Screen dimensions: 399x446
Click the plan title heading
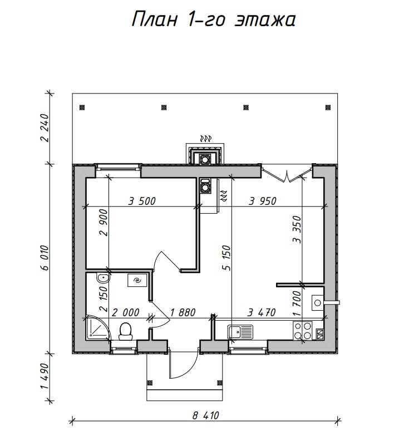[214, 19]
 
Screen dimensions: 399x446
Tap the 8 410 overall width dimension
[206, 415]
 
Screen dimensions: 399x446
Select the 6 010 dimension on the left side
[45, 258]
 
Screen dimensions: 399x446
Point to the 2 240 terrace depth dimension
[45, 128]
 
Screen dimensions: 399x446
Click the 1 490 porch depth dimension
[45, 376]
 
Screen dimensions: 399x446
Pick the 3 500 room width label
[142, 201]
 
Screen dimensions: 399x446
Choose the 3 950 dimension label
[263, 201]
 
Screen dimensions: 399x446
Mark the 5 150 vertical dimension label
[227, 258]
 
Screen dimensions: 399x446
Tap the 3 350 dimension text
[297, 229]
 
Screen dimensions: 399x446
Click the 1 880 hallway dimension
[183, 312]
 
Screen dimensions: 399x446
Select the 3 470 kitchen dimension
[262, 312]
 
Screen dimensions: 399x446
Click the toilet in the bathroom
[125, 331]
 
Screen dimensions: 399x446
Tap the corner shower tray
[97, 327]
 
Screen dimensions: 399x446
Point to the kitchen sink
[240, 332]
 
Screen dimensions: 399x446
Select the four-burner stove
[303, 330]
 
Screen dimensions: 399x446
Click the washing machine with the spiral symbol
[137, 281]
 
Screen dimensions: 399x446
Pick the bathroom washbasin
[103, 278]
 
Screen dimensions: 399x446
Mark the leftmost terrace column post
[82, 107]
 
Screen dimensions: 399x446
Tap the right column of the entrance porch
[219, 383]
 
